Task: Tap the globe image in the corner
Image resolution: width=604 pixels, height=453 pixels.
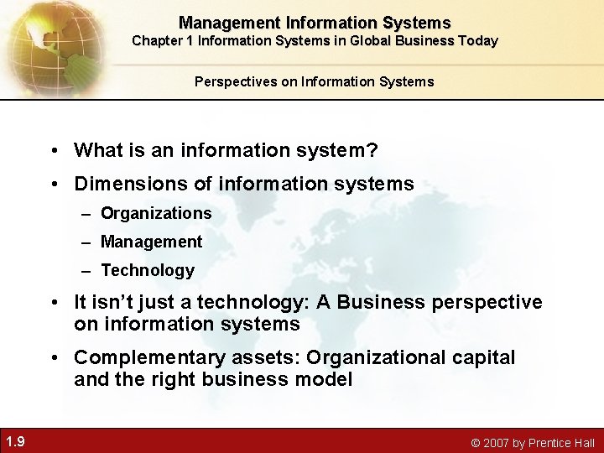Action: point(46,42)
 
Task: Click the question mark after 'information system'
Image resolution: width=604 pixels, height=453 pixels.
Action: point(372,150)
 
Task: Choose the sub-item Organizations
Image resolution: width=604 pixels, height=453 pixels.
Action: point(156,213)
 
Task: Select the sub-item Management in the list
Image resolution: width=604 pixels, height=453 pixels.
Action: point(151,242)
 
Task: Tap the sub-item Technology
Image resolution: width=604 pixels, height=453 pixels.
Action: point(147,270)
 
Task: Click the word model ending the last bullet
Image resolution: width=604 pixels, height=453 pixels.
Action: point(325,379)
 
